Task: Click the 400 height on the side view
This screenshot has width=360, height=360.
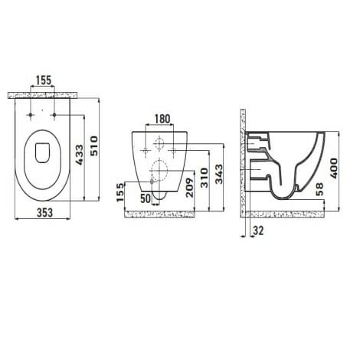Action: (x=335, y=167)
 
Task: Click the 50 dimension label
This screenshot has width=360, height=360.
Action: (x=144, y=199)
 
